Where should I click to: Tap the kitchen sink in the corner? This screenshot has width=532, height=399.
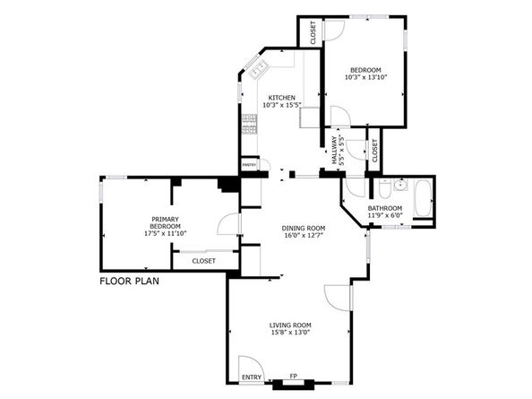click(260, 67)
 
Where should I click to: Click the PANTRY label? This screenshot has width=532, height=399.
click(249, 164)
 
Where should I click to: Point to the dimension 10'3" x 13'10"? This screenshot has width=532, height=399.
click(365, 78)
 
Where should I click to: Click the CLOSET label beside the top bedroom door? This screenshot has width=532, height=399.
click(313, 32)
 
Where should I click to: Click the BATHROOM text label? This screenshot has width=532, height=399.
click(385, 209)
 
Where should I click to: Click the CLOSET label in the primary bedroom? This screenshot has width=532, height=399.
click(203, 261)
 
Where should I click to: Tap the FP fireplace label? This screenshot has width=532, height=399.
click(292, 377)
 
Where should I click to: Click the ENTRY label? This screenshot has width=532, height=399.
click(252, 377)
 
